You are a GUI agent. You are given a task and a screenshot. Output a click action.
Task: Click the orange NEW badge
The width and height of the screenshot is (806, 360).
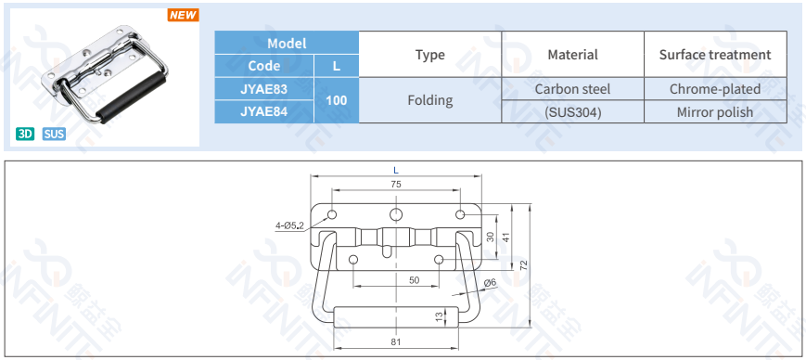click(x=183, y=15)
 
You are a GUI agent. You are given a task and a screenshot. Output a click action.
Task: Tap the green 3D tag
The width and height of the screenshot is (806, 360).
click(x=25, y=135)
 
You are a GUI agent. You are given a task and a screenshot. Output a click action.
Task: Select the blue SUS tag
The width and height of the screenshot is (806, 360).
click(x=54, y=135)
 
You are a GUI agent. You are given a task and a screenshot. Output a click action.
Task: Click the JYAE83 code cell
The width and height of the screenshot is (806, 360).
click(x=264, y=89)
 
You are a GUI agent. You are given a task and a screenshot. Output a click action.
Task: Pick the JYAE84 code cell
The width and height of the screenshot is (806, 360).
click(x=264, y=111)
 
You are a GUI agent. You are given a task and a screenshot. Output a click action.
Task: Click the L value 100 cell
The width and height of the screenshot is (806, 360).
click(x=336, y=100)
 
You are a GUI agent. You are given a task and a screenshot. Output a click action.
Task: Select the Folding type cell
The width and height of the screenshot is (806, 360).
click(x=429, y=100)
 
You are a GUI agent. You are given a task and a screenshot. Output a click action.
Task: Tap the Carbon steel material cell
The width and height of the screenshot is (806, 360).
click(x=572, y=89)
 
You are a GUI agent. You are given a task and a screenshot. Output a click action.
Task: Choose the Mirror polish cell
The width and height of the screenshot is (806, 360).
click(x=715, y=111)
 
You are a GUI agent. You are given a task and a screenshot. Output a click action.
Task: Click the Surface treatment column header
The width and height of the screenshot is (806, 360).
click(x=715, y=55)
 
